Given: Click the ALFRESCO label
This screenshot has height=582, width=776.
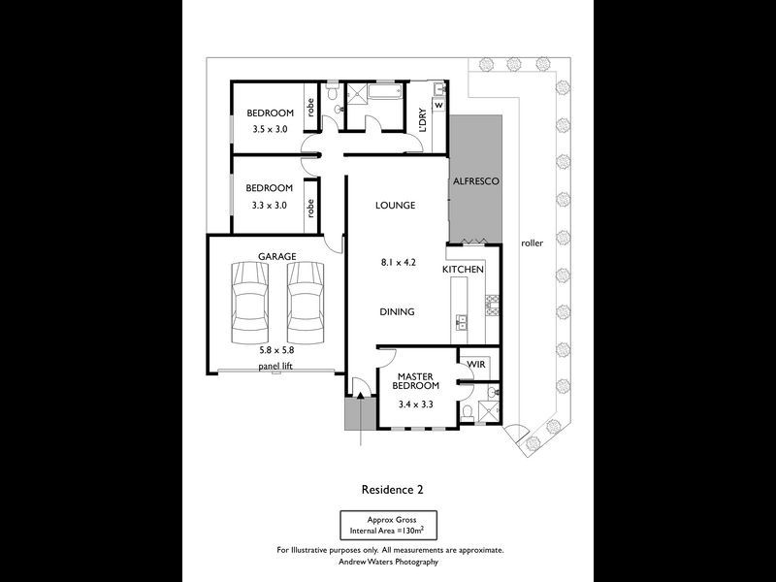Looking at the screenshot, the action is click(476, 181).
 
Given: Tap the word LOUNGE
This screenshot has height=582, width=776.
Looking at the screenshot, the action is click(395, 205).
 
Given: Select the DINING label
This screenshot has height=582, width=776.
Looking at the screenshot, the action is click(397, 311).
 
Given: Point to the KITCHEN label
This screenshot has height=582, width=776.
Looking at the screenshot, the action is click(463, 270).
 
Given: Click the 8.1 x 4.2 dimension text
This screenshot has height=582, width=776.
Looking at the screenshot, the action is click(399, 262).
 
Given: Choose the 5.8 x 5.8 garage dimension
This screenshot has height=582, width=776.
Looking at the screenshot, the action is click(277, 350).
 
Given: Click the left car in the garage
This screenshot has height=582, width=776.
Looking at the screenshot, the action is click(250, 303).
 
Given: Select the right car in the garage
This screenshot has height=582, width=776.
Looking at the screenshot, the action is click(306, 303).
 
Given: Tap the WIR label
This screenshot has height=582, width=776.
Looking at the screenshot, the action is click(476, 365).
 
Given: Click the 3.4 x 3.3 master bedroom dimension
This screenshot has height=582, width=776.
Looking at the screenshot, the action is click(416, 404).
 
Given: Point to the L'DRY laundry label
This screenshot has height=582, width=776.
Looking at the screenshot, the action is click(422, 120).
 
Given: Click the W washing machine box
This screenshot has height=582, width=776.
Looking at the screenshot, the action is click(439, 106).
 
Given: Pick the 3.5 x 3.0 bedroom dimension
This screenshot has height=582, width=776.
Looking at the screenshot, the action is click(270, 129).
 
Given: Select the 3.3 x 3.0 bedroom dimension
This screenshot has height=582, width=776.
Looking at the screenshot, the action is click(270, 205).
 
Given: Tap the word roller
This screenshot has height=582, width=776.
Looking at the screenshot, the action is click(532, 243).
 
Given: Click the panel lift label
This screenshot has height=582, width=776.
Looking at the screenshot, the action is click(275, 367).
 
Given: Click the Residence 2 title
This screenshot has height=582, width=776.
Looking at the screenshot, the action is click(393, 490).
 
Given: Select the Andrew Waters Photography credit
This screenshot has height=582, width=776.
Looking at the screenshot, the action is click(389, 562).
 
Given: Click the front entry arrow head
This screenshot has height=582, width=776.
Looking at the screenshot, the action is click(360, 395).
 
